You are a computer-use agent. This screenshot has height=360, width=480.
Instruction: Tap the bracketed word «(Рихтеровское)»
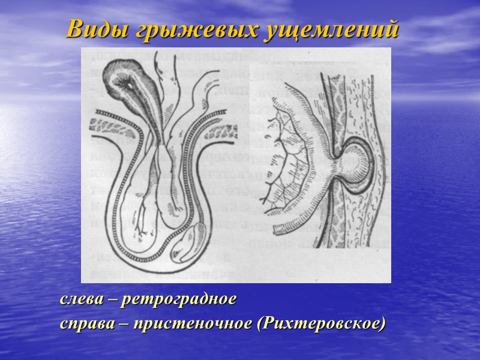[320, 324]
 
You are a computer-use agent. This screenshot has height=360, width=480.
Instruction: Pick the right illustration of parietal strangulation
[327, 162]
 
